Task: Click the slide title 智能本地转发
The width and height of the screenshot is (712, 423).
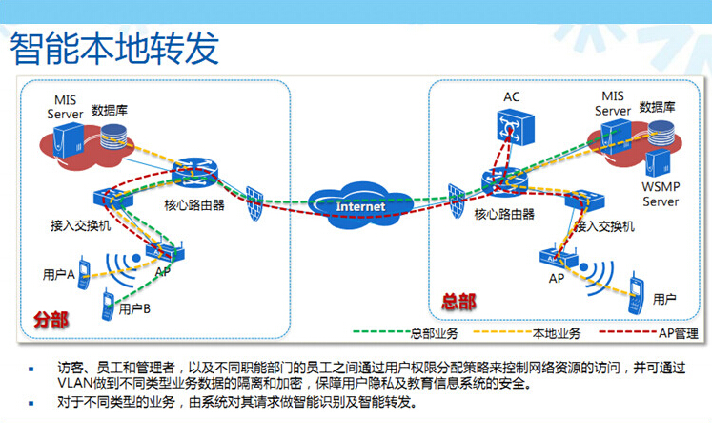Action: tap(114, 48)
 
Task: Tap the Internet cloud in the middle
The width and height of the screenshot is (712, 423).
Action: tap(360, 205)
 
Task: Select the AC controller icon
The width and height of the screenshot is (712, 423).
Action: tap(515, 127)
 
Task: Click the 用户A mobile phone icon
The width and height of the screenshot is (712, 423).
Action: tap(84, 273)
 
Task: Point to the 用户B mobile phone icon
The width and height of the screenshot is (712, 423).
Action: tap(108, 305)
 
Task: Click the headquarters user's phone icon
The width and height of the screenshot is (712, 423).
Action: tap(636, 293)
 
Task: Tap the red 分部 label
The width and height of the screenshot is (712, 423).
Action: tap(51, 320)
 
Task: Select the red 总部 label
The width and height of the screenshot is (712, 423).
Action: tap(458, 302)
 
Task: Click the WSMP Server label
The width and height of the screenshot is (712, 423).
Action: tap(661, 194)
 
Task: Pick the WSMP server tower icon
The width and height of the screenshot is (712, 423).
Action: tap(658, 163)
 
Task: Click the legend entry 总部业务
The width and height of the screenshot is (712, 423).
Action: tap(435, 333)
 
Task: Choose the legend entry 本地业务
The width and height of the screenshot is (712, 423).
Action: tap(557, 333)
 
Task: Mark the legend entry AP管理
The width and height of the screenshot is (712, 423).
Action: tap(679, 333)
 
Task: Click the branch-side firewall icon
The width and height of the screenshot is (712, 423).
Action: tap(254, 202)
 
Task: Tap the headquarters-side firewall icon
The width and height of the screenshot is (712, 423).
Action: tap(457, 201)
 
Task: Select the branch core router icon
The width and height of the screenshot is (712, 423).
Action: tap(195, 173)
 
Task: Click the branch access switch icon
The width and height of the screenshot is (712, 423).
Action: tap(113, 198)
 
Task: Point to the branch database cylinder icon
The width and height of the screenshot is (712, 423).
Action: tap(113, 136)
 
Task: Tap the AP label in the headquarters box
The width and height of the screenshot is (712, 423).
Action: tap(557, 279)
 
